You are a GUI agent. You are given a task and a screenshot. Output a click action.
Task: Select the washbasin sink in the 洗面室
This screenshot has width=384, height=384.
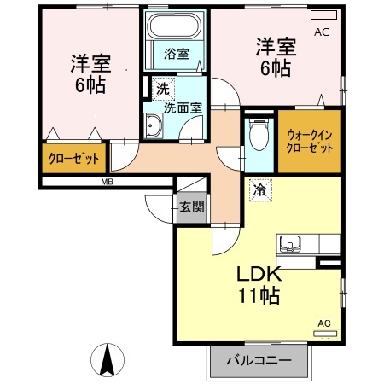tap(154, 128)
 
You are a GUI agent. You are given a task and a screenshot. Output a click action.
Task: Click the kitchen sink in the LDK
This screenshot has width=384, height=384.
tap(291, 242)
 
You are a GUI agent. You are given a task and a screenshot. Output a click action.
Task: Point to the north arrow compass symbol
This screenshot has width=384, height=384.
tap(109, 358)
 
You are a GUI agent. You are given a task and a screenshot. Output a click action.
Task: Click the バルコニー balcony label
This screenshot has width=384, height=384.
tap(259, 360)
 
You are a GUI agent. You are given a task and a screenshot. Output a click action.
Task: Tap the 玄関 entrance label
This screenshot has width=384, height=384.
tap(191, 206)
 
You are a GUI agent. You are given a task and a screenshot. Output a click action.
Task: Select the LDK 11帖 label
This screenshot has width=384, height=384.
tap(258, 285)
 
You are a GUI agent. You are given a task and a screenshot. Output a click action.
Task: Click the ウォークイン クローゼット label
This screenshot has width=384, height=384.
tap(310, 141)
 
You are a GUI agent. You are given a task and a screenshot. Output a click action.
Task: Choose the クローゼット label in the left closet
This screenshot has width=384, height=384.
tap(73, 158)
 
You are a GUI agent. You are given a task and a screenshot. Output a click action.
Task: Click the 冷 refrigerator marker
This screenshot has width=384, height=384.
tap(257, 189)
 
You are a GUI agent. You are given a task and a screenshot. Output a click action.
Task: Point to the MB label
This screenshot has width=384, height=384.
tap(108, 182)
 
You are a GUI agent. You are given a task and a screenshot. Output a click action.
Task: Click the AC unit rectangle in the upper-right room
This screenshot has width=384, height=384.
tap(323, 15)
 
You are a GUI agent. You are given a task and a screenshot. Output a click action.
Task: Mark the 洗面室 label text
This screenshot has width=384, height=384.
tap(182, 108)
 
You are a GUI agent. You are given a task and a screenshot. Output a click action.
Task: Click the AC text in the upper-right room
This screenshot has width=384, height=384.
tap(322, 32)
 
